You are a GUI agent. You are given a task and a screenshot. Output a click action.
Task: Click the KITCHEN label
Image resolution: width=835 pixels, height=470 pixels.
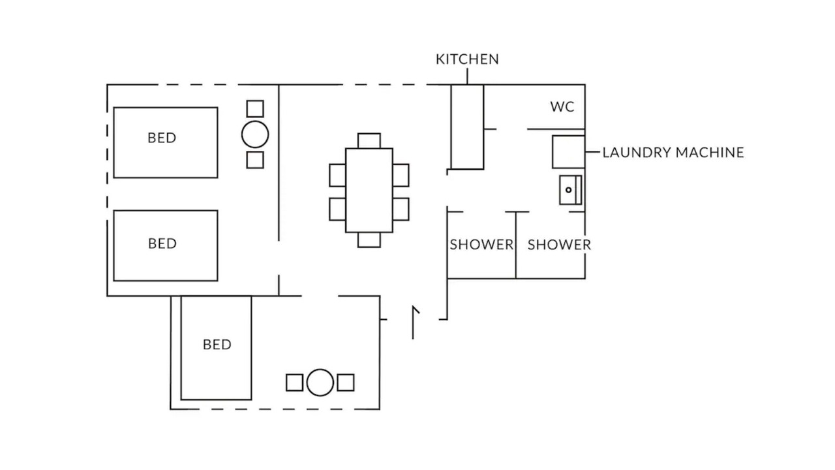pos(467,59)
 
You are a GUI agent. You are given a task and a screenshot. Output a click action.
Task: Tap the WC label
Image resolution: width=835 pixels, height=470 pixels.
pos(562,107)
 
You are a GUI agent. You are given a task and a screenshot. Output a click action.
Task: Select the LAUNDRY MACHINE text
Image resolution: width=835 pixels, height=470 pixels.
pos(673,153)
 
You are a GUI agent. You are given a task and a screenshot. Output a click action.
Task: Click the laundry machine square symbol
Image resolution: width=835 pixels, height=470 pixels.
pos(568,152)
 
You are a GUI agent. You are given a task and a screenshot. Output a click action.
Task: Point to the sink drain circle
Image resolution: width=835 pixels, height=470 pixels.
pos(568,190)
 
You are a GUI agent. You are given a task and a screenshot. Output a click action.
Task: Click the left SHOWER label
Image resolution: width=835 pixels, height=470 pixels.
pos(481,245)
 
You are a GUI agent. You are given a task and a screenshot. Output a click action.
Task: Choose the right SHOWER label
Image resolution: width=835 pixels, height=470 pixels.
pos(559,245)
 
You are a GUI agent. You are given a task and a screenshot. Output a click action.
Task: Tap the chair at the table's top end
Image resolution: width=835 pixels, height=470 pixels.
pos(369,140)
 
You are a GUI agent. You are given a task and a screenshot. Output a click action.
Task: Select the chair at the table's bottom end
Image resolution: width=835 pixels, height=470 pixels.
pos(369,240)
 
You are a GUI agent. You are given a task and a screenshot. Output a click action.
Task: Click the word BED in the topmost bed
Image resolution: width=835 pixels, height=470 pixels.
pos(162,138)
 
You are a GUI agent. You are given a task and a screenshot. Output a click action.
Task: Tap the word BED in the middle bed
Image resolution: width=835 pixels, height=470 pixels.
pos(162,243)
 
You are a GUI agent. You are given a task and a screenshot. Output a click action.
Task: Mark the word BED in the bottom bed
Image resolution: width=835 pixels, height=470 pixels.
pos(217,345)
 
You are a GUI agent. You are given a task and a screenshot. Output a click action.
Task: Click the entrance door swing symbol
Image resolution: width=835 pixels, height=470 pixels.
pos(413,322)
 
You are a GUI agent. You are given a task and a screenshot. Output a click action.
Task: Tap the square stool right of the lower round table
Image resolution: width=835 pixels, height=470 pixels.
pos(346,383)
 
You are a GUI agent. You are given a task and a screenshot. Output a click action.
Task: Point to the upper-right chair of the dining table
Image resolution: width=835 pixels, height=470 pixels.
pos(401,176)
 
